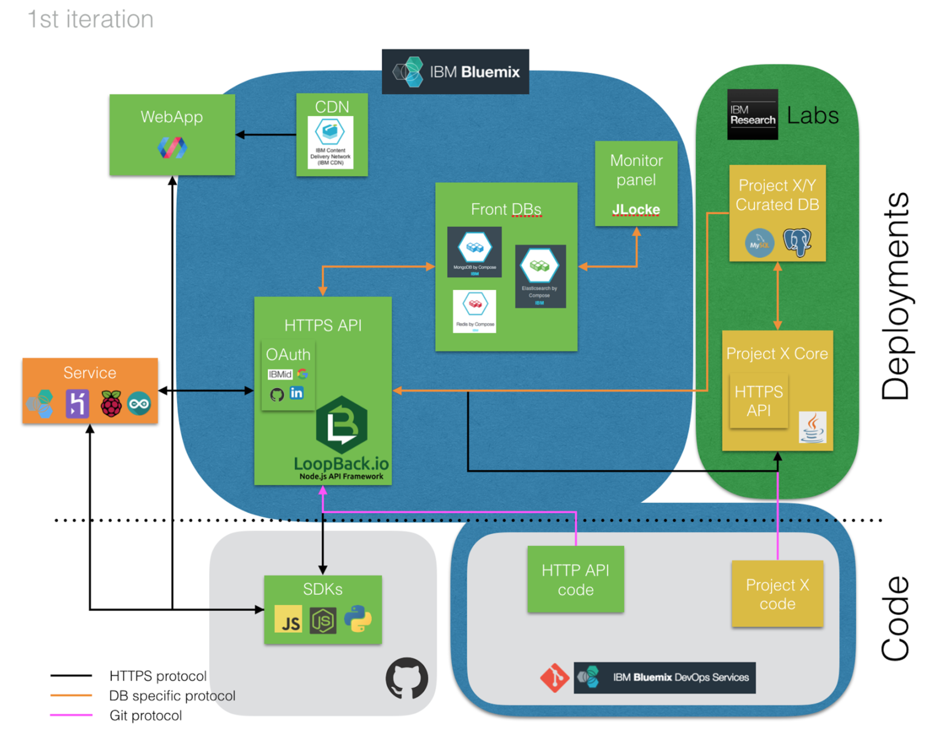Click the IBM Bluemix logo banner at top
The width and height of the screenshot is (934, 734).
point(455,72)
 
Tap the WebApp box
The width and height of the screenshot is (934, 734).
point(172,134)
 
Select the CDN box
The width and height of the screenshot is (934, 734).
point(331,134)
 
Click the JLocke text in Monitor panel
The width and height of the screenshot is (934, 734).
point(636,209)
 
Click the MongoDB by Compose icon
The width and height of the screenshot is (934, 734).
point(474,252)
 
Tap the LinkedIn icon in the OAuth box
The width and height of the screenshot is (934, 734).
point(297,393)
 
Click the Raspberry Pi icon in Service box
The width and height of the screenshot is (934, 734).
point(111,404)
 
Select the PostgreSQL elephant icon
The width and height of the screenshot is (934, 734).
point(797,241)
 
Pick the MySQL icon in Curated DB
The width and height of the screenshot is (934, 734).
point(759,243)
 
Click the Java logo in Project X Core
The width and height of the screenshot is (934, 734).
point(812,427)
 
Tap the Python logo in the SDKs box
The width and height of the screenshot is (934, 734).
point(358,619)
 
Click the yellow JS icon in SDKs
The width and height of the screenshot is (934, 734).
point(289,620)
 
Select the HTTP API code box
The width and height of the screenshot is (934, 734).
point(575,580)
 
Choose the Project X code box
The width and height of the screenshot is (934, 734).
point(777,594)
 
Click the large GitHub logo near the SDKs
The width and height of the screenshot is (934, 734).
point(407,678)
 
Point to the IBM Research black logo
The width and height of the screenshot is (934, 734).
point(753,115)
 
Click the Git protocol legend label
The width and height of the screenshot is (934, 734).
point(146,716)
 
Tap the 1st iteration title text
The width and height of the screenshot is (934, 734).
point(91,20)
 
